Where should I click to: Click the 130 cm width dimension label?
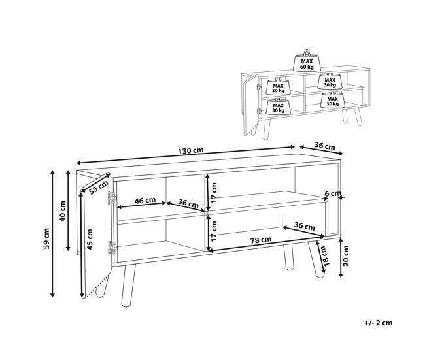[x=190, y=150]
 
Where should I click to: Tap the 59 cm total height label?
[x=46, y=238]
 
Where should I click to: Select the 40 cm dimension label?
[x=63, y=211]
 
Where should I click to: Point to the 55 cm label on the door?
[x=99, y=187]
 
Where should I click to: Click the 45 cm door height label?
[x=90, y=239]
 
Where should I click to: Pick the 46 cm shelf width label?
[x=145, y=200]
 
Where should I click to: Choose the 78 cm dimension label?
[x=260, y=240]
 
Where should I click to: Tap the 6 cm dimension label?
[x=333, y=193]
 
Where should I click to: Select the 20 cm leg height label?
[x=346, y=256]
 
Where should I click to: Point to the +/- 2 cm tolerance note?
[x=379, y=323]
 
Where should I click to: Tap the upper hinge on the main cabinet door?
[x=112, y=198]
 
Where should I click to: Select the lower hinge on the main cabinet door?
[x=112, y=248]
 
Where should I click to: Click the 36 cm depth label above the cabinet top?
[x=325, y=146]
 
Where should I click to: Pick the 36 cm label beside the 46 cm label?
[x=188, y=203]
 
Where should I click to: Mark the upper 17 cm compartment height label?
[x=214, y=193]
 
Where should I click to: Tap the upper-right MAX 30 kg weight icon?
[x=330, y=81]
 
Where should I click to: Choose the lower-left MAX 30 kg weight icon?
[x=278, y=106]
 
